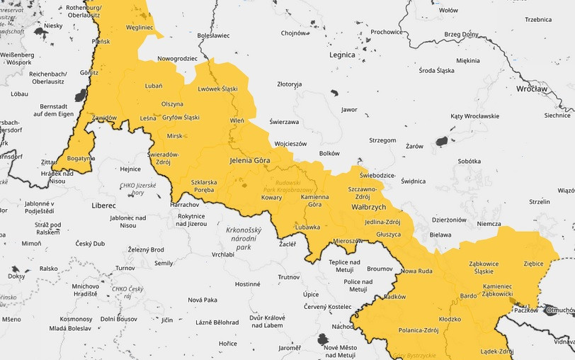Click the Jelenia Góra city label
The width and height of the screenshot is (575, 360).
pyautogui.click(x=251, y=161)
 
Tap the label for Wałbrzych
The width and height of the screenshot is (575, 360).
pyautogui.click(x=369, y=207)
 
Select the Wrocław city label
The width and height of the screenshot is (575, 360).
pyautogui.click(x=532, y=89)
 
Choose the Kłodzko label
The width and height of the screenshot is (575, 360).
pyautogui.click(x=450, y=319)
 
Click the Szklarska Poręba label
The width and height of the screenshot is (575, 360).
pyautogui.click(x=204, y=186)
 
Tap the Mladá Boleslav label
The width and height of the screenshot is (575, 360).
pyautogui.click(x=69, y=329)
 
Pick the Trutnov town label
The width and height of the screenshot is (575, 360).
pyautogui.click(x=289, y=277)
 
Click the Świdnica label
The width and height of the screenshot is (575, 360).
pyautogui.click(x=413, y=181)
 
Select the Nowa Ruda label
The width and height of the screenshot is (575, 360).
pyautogui.click(x=416, y=271)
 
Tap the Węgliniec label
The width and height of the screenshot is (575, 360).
pyautogui.click(x=140, y=28)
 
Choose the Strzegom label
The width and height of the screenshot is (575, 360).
pyautogui.click(x=382, y=140)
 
